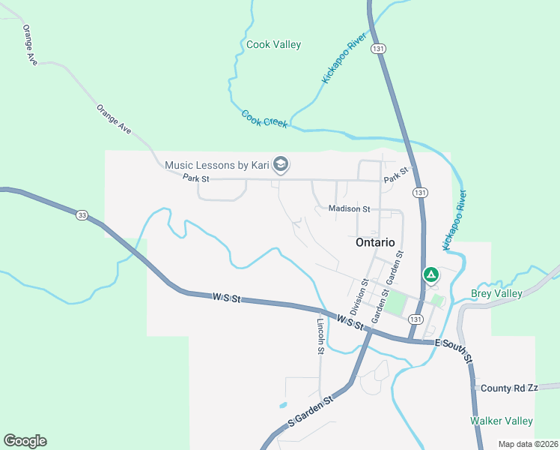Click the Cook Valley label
[x=273, y=44]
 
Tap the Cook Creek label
[x=264, y=118]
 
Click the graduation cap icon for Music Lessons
[x=281, y=164]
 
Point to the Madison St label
[x=349, y=209]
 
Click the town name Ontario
[x=374, y=242]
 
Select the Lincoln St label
[x=320, y=334]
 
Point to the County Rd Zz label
[x=509, y=388]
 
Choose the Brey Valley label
[x=496, y=293]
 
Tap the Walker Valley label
[x=501, y=421]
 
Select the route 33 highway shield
[x=82, y=215]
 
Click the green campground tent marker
[x=430, y=275]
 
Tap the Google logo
[x=25, y=441]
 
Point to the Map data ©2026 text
[x=527, y=444]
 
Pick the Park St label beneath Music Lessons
[x=195, y=178]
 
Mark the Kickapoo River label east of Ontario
[x=454, y=220]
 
